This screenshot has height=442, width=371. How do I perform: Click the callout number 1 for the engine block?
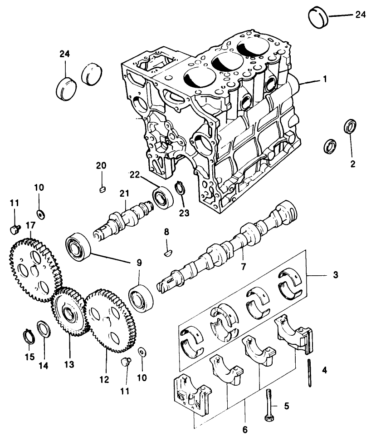tap(324, 79)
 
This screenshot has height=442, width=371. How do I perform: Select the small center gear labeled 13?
tap(68, 313)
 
